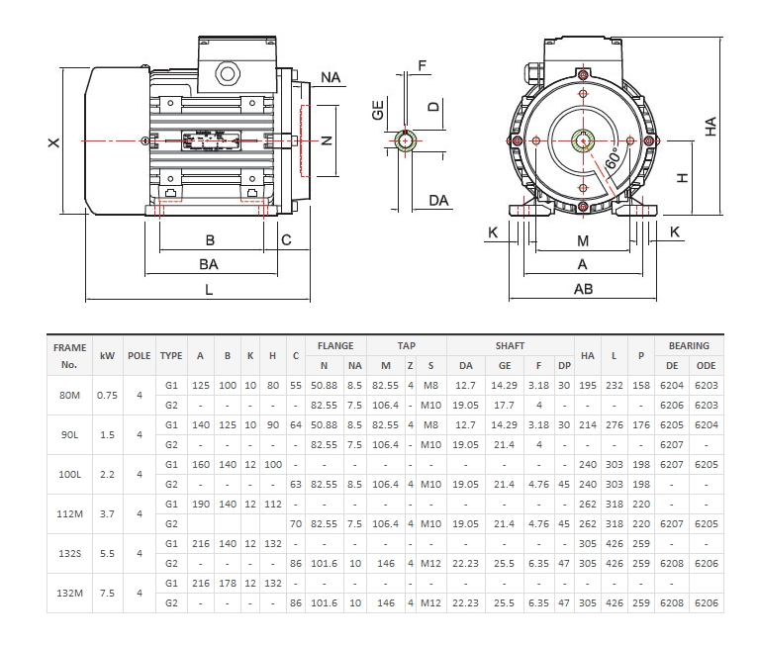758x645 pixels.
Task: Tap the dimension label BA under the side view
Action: click(209, 264)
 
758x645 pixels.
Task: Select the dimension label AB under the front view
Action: click(583, 289)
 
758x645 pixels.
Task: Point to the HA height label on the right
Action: click(711, 126)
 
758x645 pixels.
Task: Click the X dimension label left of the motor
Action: click(53, 142)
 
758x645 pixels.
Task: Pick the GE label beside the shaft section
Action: click(378, 110)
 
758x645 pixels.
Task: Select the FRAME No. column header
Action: click(69, 355)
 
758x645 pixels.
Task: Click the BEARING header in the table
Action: click(689, 346)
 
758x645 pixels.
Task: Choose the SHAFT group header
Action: click(510, 346)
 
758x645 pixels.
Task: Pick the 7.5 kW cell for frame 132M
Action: click(107, 593)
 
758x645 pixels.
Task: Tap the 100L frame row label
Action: click(69, 474)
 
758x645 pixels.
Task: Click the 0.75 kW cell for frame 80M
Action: click(107, 395)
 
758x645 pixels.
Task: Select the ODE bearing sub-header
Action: click(706, 365)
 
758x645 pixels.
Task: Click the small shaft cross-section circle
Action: click(406, 140)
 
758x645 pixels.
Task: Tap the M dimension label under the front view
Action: click(583, 240)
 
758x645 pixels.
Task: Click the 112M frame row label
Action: click(69, 513)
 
